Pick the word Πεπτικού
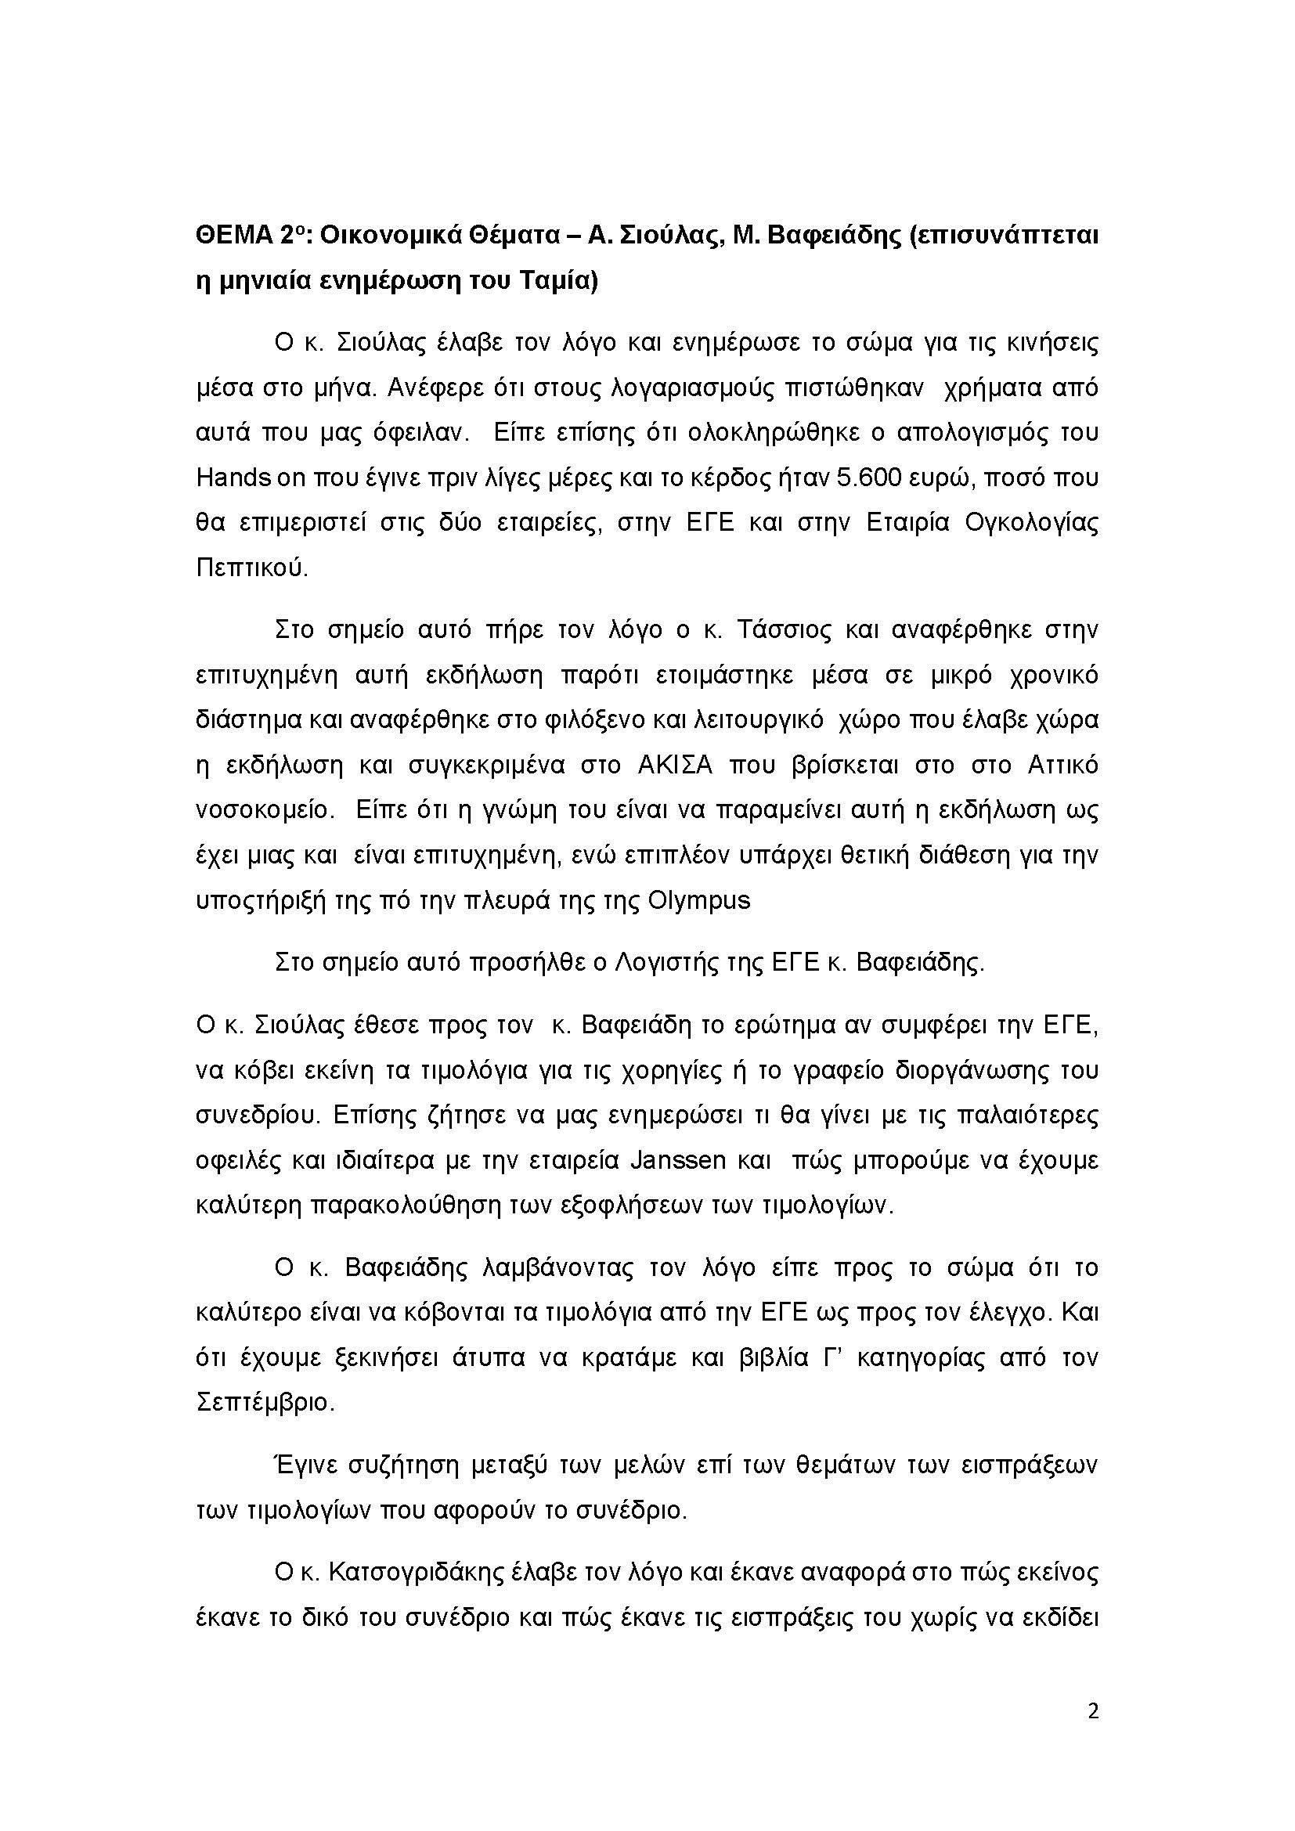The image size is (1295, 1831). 251,568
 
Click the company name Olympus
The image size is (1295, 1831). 699,900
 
